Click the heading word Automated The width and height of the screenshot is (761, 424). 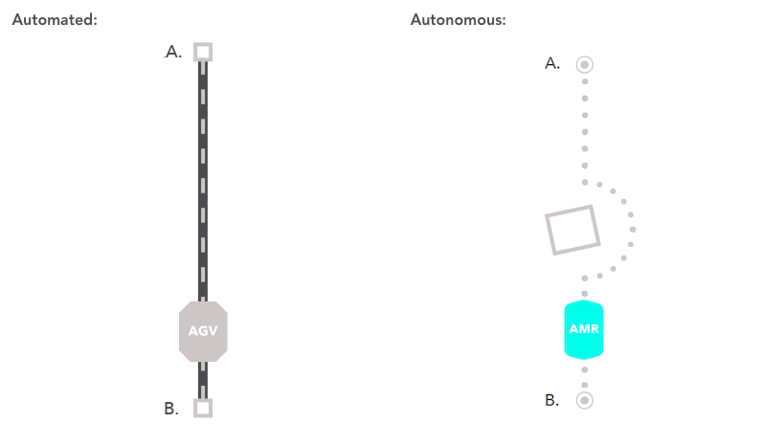pyautogui.click(x=54, y=20)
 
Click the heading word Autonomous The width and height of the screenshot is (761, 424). pyautogui.click(x=458, y=20)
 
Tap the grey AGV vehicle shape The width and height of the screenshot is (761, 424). pyautogui.click(x=203, y=331)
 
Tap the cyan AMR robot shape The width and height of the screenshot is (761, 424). pyautogui.click(x=584, y=328)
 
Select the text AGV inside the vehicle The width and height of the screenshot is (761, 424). pyautogui.click(x=203, y=331)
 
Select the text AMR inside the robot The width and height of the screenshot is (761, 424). pyautogui.click(x=584, y=328)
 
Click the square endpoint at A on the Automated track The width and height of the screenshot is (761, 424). pyautogui.click(x=203, y=52)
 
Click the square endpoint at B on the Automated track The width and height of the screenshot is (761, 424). pyautogui.click(x=203, y=408)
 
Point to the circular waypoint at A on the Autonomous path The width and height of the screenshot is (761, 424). pyautogui.click(x=585, y=65)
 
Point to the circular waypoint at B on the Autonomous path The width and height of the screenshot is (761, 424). pyautogui.click(x=585, y=400)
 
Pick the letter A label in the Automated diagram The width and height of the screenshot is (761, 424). pyautogui.click(x=173, y=53)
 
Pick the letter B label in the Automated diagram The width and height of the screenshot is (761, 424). pyautogui.click(x=171, y=409)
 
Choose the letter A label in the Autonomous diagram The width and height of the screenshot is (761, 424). pyautogui.click(x=552, y=64)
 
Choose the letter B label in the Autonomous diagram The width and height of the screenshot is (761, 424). pyautogui.click(x=552, y=400)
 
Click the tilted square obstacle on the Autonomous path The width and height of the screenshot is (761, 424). pyautogui.click(x=571, y=230)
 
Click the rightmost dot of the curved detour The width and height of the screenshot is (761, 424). pyautogui.click(x=633, y=230)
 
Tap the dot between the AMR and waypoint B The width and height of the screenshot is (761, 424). pyautogui.click(x=585, y=369)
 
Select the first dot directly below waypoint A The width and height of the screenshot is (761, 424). pyautogui.click(x=585, y=81)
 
